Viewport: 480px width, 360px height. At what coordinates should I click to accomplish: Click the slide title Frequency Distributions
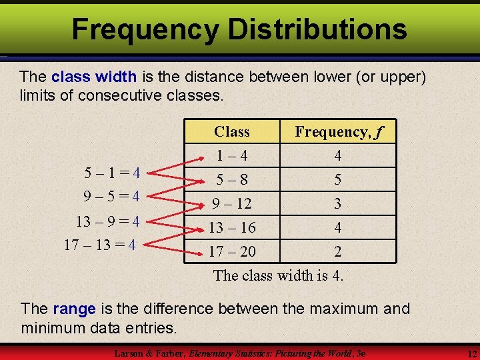tap(239, 29)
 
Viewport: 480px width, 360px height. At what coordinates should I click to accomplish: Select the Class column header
tap(232, 131)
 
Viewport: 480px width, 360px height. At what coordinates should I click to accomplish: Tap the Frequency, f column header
tap(338, 131)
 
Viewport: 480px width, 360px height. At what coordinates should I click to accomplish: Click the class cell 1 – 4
tap(232, 156)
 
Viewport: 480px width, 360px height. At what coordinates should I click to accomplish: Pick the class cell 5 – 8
tap(232, 180)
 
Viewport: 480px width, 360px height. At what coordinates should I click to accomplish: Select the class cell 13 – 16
tap(232, 228)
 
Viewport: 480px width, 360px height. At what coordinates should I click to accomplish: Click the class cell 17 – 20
tap(232, 252)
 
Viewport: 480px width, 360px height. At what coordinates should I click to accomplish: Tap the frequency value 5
tap(338, 180)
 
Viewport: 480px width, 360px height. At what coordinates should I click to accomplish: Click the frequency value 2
tap(338, 252)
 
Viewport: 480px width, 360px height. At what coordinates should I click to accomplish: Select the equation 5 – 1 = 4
tap(111, 173)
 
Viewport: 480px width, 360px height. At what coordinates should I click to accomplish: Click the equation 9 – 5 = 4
tap(111, 197)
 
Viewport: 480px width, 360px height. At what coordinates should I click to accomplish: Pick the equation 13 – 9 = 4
tap(107, 221)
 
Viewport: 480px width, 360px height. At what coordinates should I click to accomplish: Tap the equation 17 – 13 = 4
tap(100, 245)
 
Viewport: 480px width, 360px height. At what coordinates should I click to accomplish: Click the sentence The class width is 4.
tap(279, 275)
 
